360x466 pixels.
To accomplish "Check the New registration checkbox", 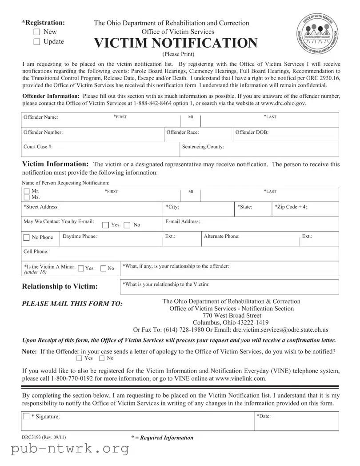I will click(x=37, y=32).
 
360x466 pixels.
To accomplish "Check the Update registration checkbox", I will click(x=37, y=42).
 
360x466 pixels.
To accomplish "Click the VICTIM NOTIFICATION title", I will click(x=176, y=43).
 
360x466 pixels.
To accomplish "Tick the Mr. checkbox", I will click(x=27, y=191).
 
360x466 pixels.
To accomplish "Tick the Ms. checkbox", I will click(x=27, y=197).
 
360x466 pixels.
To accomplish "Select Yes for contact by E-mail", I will click(x=106, y=225).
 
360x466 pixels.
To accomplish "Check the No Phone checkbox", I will click(x=27, y=237).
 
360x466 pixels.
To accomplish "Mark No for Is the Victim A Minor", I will click(x=103, y=268).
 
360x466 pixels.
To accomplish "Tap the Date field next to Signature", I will click(x=296, y=421).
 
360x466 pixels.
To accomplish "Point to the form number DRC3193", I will click(x=44, y=438).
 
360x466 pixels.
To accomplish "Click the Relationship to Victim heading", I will click(x=60, y=286).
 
